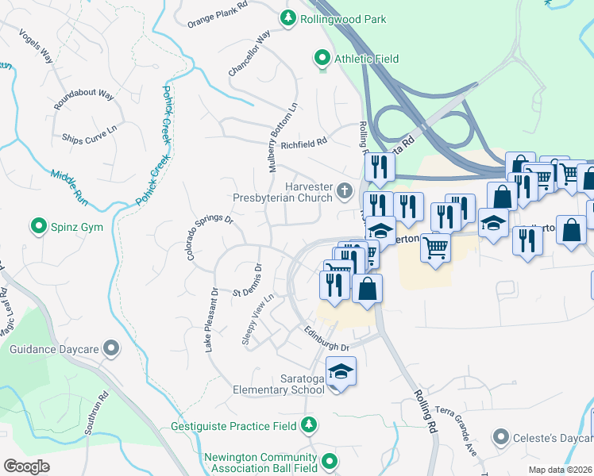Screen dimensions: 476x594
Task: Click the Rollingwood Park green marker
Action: [x=287, y=17]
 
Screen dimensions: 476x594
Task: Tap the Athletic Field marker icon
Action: [x=322, y=58]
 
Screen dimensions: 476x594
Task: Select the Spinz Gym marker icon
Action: [x=37, y=228]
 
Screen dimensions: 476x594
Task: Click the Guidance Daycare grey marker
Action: [x=111, y=348]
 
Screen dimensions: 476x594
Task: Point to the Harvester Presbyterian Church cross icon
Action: [x=344, y=190]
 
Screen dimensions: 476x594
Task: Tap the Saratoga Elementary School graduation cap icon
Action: [x=341, y=372]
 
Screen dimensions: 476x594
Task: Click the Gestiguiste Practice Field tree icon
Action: [x=309, y=426]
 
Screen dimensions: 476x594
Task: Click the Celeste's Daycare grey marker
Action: [x=500, y=437]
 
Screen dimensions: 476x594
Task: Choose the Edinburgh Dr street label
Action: [x=326, y=337]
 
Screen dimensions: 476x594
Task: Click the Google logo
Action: [x=26, y=466]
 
